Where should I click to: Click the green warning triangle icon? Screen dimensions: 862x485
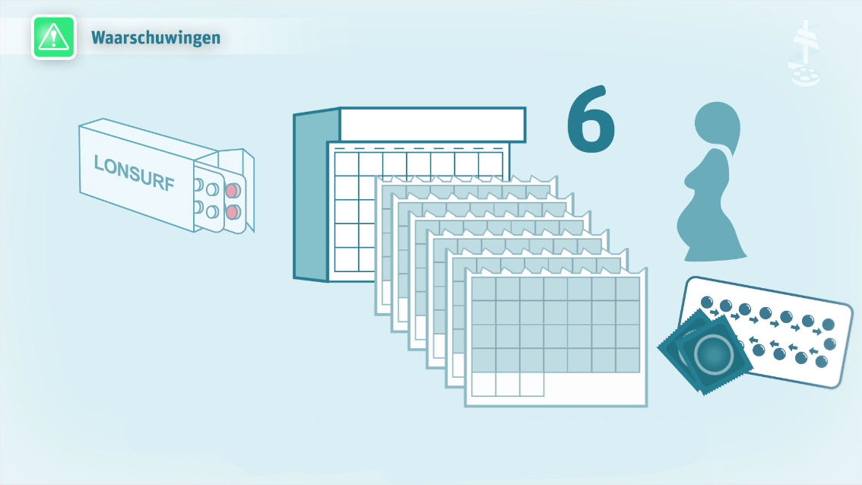(54, 36)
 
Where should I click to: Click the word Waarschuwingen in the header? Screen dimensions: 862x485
(156, 38)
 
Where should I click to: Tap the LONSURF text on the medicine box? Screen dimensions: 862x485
(134, 172)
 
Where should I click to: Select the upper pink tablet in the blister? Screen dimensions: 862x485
(233, 190)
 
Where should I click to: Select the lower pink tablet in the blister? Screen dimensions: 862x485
(233, 211)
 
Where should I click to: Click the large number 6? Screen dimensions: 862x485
(591, 119)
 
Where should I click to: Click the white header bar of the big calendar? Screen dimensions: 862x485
(433, 125)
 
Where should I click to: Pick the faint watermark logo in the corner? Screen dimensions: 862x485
(804, 54)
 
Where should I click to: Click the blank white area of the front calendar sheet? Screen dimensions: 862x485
(594, 388)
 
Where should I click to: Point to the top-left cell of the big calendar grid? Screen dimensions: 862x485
(347, 164)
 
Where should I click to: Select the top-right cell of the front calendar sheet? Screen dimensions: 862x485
(628, 289)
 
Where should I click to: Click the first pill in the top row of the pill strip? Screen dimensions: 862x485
(707, 303)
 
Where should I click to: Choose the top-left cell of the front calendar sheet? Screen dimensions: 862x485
(483, 289)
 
